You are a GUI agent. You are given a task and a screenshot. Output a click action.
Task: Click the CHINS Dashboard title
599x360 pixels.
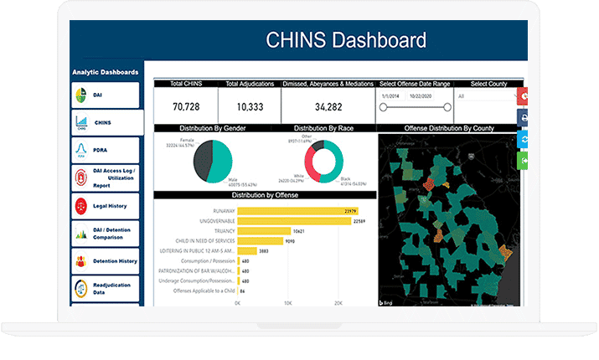[x=345, y=39]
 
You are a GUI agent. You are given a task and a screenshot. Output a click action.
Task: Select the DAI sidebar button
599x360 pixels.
[x=106, y=95]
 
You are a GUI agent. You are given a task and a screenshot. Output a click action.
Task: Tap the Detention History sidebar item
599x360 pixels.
[x=106, y=261]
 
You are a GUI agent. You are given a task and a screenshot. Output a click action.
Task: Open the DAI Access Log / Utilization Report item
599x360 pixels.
[x=106, y=177]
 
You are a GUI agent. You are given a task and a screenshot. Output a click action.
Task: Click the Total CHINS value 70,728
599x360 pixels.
[x=186, y=106]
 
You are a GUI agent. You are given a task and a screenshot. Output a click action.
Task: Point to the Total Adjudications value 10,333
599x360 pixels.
[x=250, y=106]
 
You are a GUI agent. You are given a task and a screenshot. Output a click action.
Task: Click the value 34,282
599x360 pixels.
[x=328, y=106]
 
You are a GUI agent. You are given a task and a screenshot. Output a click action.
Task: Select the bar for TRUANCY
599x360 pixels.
[x=264, y=231]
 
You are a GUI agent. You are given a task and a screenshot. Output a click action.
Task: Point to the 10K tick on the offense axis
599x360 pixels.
[x=288, y=302]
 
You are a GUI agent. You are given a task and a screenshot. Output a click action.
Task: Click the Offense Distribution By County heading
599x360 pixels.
[x=449, y=128]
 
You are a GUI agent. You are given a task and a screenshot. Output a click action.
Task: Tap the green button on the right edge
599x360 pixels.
[x=524, y=159]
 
